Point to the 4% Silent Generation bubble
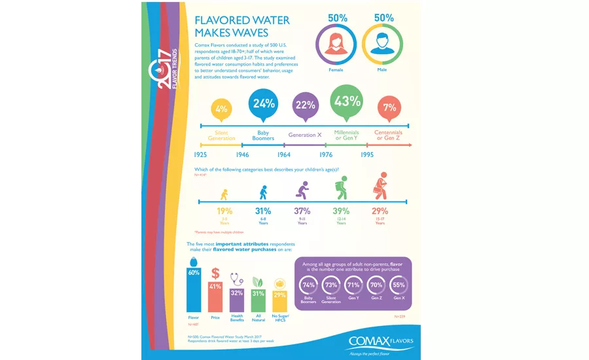click(221, 109)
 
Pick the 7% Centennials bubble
click(389, 107)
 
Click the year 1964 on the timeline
click(283, 155)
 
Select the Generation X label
click(305, 135)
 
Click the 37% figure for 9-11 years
click(302, 211)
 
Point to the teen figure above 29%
click(380, 190)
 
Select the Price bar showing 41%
click(215, 296)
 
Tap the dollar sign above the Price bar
click(215, 274)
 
